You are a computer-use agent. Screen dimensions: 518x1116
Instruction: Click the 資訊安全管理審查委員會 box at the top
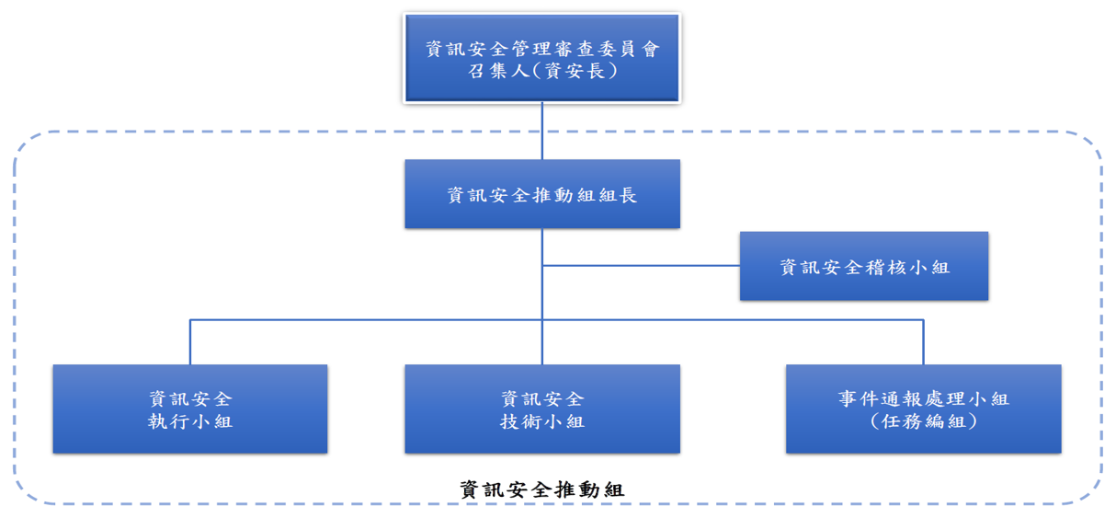coord(541,57)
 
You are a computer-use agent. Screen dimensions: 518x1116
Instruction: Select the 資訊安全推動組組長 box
coord(541,194)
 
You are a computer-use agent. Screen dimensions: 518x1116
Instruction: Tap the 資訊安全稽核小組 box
coord(863,267)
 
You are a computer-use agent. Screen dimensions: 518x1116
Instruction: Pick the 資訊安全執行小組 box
coord(189,409)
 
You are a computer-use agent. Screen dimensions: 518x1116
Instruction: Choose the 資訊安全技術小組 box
coord(541,409)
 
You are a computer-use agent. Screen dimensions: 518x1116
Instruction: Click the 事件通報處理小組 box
coord(923,409)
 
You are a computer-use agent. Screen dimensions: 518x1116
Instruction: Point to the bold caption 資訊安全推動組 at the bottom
coord(541,489)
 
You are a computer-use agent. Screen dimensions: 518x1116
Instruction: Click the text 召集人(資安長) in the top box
coord(541,71)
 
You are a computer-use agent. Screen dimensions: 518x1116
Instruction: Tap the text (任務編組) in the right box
coord(923,421)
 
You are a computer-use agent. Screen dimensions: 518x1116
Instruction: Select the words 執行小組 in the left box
coord(190,421)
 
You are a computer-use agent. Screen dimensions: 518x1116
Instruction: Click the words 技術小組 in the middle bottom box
coord(541,421)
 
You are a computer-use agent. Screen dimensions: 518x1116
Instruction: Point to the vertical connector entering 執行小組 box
coord(190,342)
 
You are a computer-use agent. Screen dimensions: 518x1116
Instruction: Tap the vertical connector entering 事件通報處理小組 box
coord(923,342)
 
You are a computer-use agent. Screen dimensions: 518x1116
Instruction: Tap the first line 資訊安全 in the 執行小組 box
coord(190,398)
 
